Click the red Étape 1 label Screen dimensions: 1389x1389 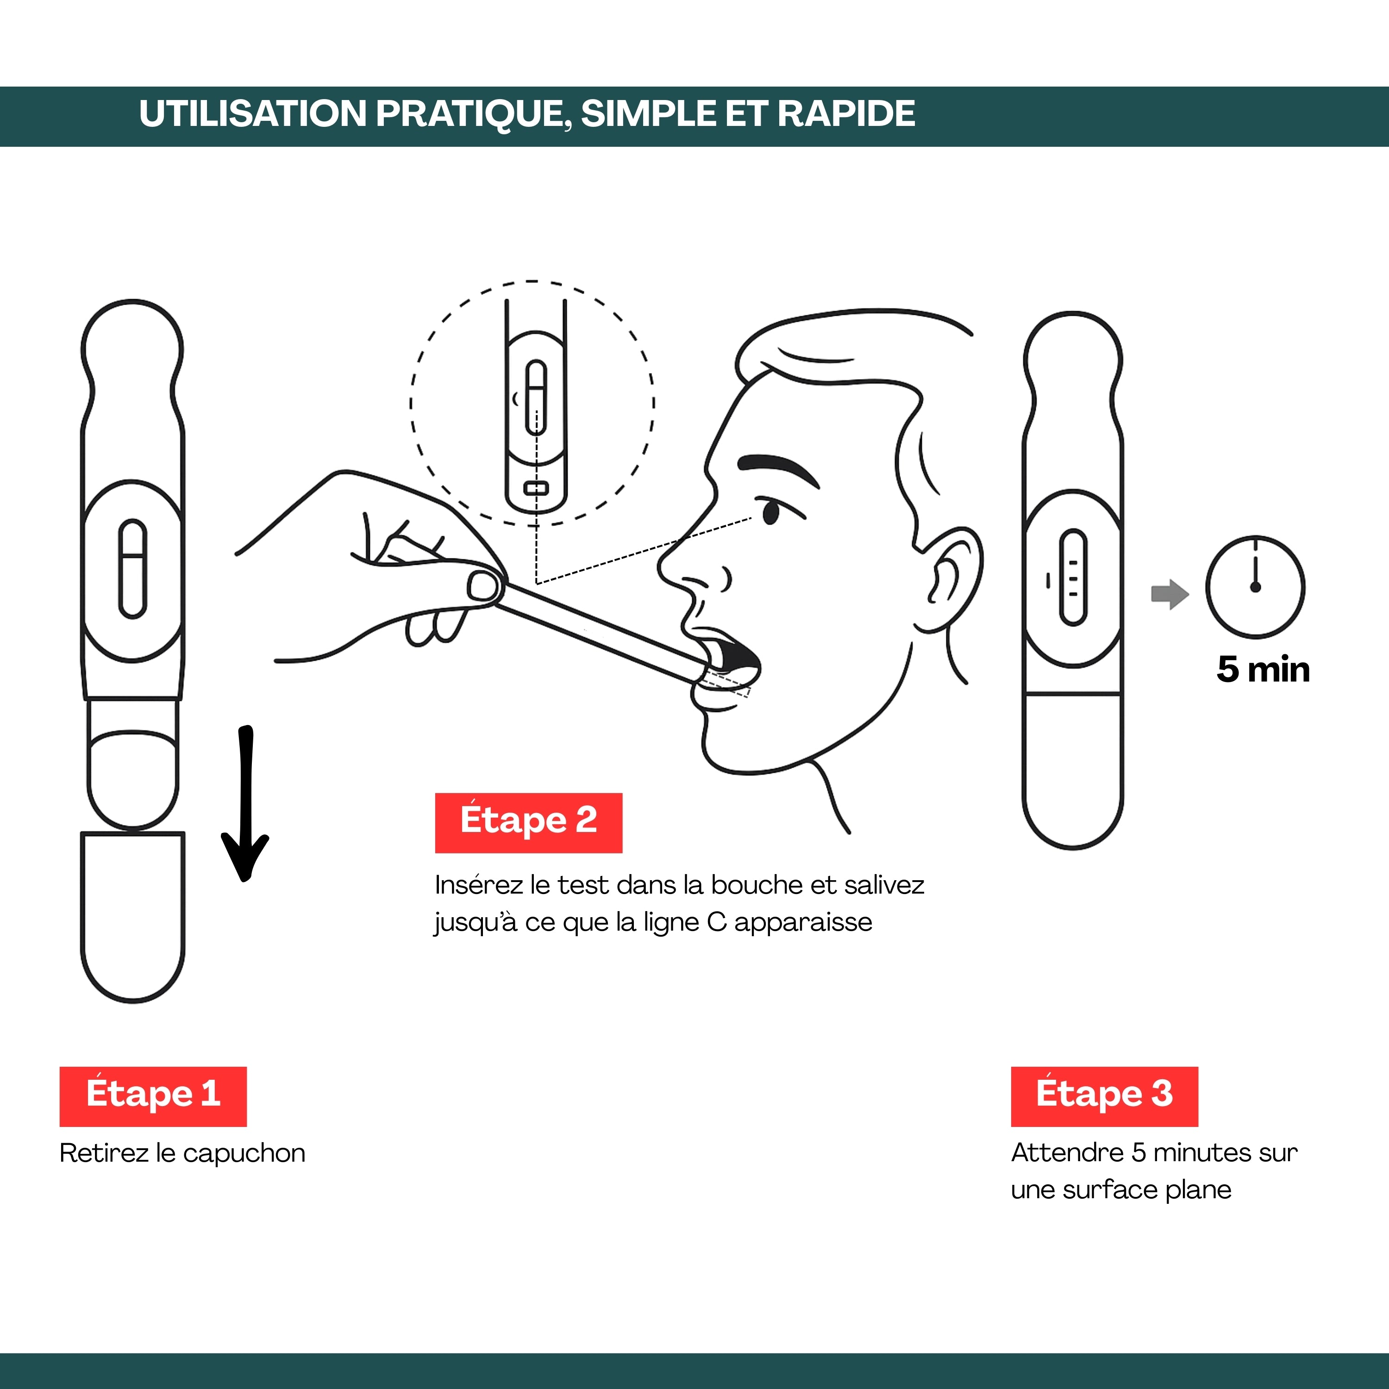pyautogui.click(x=153, y=1096)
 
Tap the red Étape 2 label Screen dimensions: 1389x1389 pyautogui.click(x=528, y=823)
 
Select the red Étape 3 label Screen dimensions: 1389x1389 pyautogui.click(x=1104, y=1096)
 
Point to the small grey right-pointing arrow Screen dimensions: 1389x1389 pyautogui.click(x=1170, y=594)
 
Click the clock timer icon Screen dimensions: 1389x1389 pyautogui.click(x=1255, y=587)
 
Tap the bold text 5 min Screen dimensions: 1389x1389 pyautogui.click(x=1263, y=669)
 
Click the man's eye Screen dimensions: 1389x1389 pyautogui.click(x=771, y=512)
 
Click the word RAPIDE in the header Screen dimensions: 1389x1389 pyautogui.click(x=846, y=113)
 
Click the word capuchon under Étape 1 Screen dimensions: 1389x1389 pyautogui.click(x=244, y=1154)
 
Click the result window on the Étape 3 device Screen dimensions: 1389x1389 pyautogui.click(x=1073, y=577)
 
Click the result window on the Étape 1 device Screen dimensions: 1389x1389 pyautogui.click(x=132, y=569)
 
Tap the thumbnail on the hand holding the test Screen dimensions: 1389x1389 pyautogui.click(x=483, y=586)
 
